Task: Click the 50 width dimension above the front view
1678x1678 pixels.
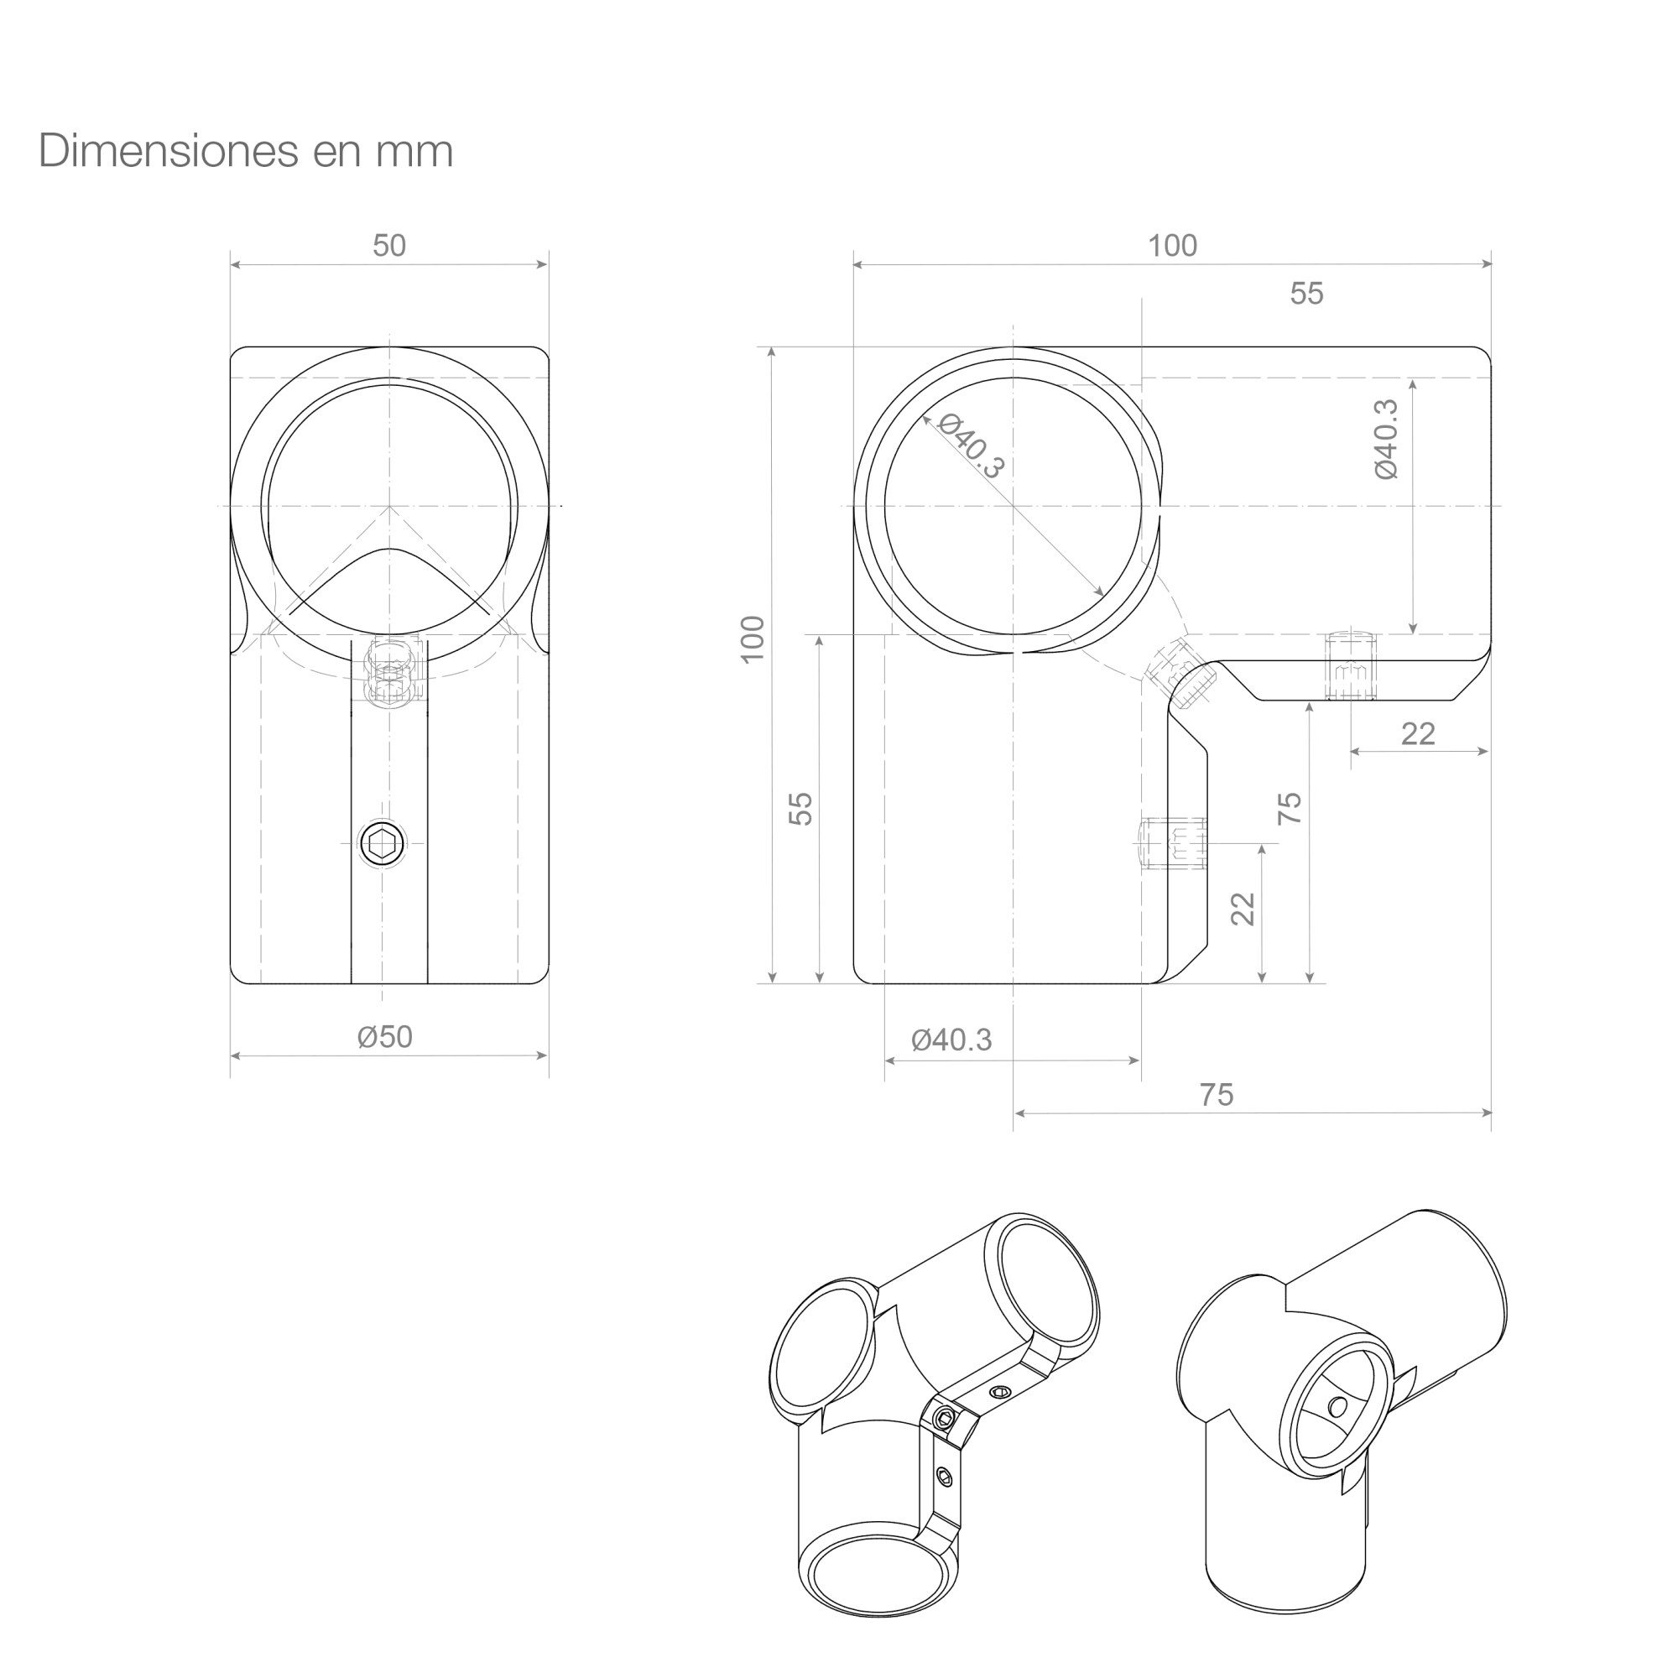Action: (389, 246)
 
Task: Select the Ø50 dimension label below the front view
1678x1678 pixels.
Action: (385, 1037)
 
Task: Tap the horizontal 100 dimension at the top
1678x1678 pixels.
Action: (1173, 246)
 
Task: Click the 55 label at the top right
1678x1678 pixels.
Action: (1306, 294)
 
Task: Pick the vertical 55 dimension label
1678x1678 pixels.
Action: (800, 809)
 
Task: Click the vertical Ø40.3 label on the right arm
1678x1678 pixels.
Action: (1387, 439)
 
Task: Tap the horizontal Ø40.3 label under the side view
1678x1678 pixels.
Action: (951, 1040)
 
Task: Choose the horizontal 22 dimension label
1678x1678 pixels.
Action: (1417, 734)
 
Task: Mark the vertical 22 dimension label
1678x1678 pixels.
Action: (1243, 909)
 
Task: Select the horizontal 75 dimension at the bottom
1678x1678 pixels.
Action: (1217, 1094)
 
